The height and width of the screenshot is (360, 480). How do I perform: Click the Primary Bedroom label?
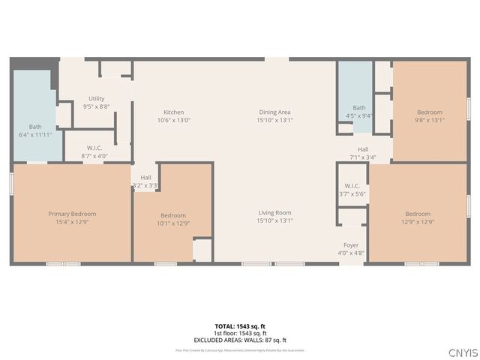(72, 214)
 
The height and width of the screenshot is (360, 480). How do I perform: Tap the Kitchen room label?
(174, 112)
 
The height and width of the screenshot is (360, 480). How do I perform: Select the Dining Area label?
(274, 112)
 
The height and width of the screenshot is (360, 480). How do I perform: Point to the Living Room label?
(274, 212)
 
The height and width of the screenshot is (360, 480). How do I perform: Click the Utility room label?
(96, 98)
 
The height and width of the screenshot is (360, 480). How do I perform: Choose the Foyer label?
(351, 245)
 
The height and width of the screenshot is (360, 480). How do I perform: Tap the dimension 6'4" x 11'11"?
(35, 135)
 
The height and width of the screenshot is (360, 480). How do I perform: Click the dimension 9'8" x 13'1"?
(430, 120)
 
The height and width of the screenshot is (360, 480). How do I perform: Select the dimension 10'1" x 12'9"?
(173, 223)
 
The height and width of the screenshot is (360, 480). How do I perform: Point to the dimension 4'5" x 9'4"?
(359, 115)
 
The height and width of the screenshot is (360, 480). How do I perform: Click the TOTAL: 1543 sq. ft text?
(240, 327)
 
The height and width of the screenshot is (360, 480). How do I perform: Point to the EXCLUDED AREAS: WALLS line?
(240, 340)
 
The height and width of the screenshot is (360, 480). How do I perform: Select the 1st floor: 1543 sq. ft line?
(240, 333)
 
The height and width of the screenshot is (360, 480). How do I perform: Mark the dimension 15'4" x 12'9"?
(72, 223)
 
